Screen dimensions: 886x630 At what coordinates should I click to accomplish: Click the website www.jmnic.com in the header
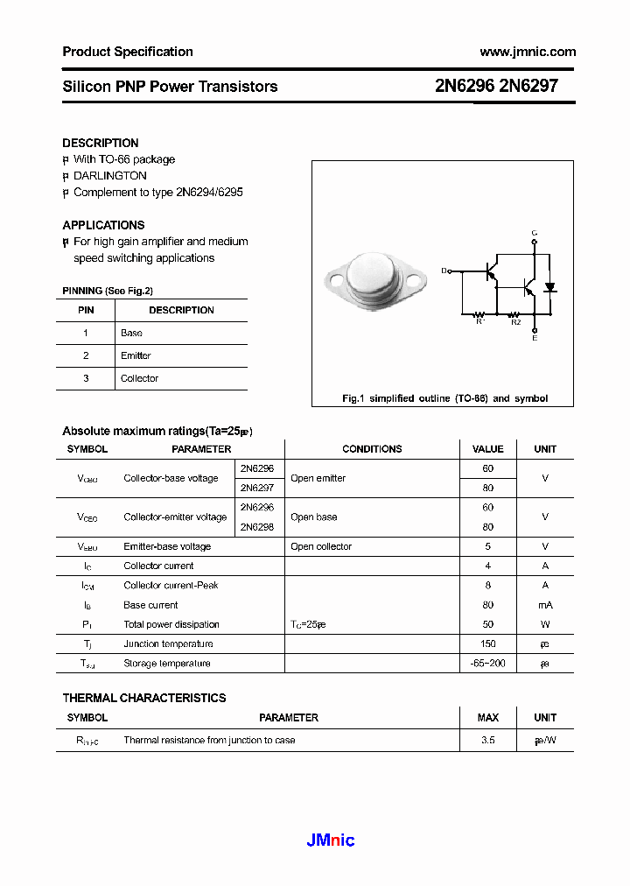click(x=528, y=52)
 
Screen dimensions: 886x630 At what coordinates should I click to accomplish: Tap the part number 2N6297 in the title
click(x=528, y=86)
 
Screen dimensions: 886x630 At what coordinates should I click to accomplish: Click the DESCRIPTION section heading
click(x=101, y=143)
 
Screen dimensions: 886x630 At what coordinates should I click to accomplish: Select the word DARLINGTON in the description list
click(x=110, y=176)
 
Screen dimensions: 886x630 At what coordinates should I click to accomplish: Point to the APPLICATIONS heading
click(x=103, y=225)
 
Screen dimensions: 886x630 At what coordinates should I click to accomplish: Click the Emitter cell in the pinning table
click(x=136, y=355)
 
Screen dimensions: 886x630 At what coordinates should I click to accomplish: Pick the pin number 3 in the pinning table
click(x=86, y=378)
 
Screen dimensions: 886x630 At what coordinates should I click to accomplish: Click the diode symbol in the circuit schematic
click(x=550, y=287)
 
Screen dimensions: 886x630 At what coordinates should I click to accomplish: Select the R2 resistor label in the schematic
click(x=515, y=322)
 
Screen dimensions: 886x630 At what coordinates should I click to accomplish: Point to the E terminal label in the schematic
click(x=535, y=338)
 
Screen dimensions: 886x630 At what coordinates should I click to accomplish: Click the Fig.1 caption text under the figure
click(x=444, y=398)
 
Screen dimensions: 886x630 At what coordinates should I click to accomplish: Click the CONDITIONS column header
click(x=372, y=449)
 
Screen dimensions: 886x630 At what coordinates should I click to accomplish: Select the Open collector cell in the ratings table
click(x=321, y=546)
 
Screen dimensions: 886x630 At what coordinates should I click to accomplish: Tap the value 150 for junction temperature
click(x=488, y=643)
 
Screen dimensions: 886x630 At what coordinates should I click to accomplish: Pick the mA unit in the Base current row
click(x=545, y=605)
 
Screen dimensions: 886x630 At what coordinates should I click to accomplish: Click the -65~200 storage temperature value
click(x=488, y=664)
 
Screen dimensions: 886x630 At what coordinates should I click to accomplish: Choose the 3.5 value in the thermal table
click(x=488, y=740)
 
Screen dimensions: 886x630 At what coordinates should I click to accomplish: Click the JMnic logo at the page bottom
click(x=331, y=840)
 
